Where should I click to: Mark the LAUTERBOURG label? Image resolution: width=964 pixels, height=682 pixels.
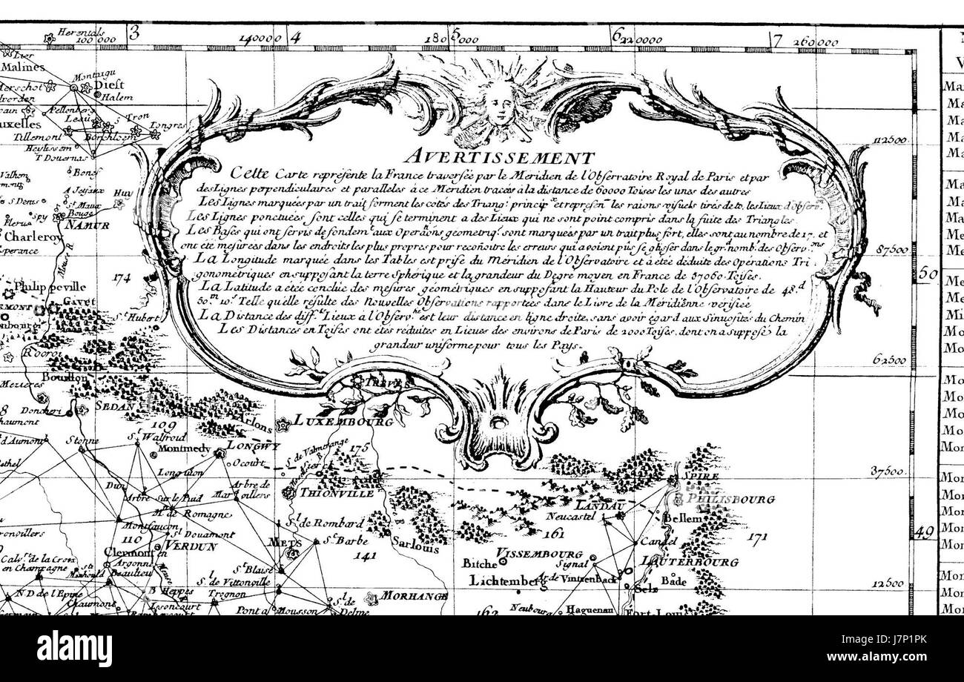690,563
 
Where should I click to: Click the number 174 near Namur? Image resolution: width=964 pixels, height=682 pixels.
122,278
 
